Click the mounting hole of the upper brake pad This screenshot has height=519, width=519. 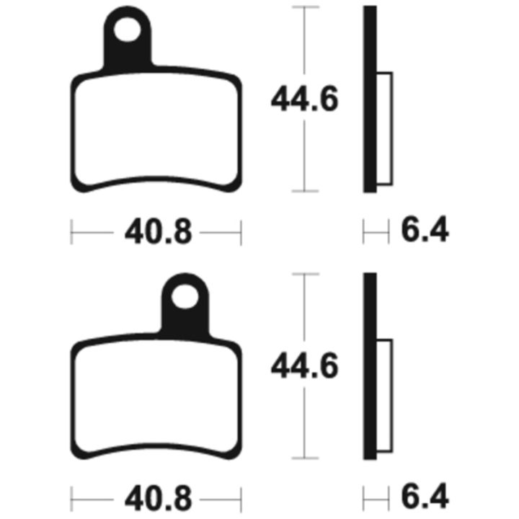(x=127, y=30)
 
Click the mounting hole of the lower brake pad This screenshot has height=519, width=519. (x=185, y=296)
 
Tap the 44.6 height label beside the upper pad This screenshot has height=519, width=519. (x=304, y=98)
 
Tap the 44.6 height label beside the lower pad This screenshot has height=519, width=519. (x=304, y=365)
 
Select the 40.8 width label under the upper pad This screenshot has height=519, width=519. (x=158, y=231)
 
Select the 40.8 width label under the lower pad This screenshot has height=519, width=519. (x=158, y=499)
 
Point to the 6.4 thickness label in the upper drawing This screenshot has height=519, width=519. (x=425, y=229)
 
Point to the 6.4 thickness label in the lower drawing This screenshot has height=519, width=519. (x=425, y=497)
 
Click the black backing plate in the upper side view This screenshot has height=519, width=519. (x=370, y=99)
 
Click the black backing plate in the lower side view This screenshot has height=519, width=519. (x=370, y=366)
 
